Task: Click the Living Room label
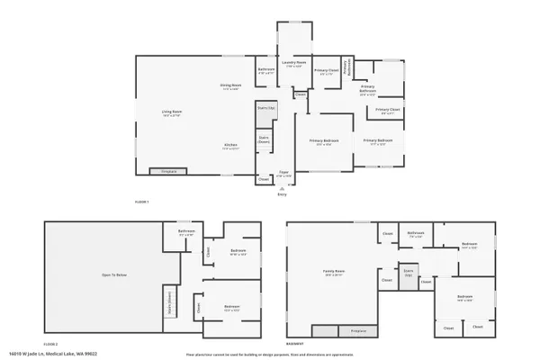point(172,114)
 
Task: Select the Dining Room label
point(231,86)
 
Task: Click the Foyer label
point(283,173)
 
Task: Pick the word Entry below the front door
point(283,194)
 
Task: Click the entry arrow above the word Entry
point(283,186)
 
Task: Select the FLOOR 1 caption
point(141,202)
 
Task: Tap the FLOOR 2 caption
point(50,344)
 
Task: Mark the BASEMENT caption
point(294,344)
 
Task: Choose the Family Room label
point(336,270)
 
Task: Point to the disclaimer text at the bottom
point(269,354)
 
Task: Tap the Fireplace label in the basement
point(358,331)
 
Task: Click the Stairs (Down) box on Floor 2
point(168,302)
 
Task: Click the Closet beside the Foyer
point(264,179)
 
